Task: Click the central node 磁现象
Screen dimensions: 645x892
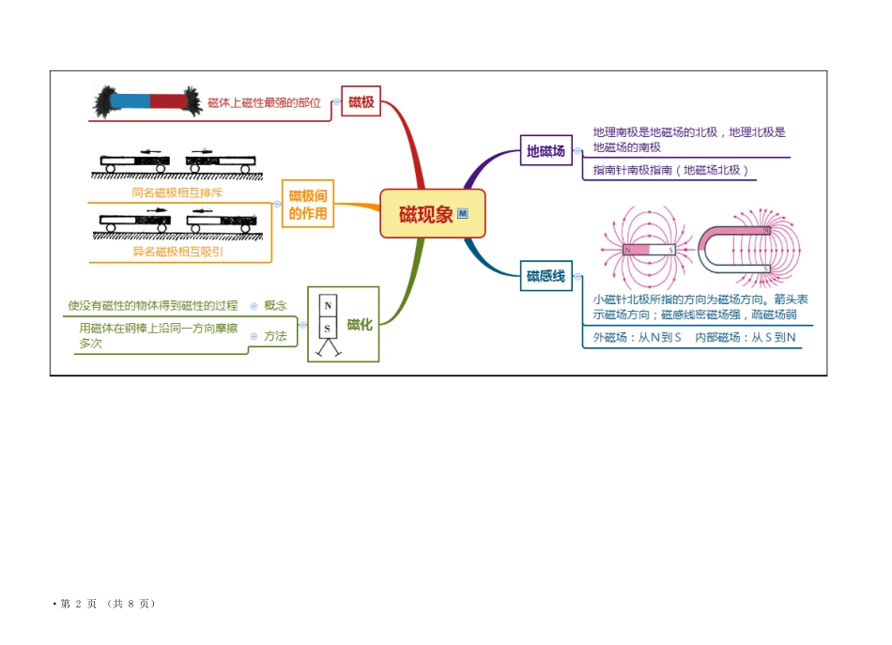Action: pos(426,214)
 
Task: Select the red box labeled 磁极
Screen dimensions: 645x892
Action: pos(361,102)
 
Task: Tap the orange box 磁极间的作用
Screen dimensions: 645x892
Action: pos(308,204)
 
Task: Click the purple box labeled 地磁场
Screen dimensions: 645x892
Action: pos(546,150)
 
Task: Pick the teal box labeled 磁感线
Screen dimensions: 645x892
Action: pos(546,275)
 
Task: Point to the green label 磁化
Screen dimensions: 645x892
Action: pos(360,324)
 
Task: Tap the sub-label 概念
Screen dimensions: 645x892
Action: pos(275,305)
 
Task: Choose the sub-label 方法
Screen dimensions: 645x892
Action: pos(275,335)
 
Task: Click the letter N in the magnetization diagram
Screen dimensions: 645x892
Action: pos(327,306)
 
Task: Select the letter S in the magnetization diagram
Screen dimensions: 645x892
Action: pos(327,329)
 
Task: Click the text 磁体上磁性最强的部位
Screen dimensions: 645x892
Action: pos(264,103)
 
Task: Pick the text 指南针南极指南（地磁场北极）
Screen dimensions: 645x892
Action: pos(672,170)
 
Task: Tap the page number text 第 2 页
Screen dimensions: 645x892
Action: pos(79,604)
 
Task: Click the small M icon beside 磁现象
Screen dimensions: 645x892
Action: pos(463,214)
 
